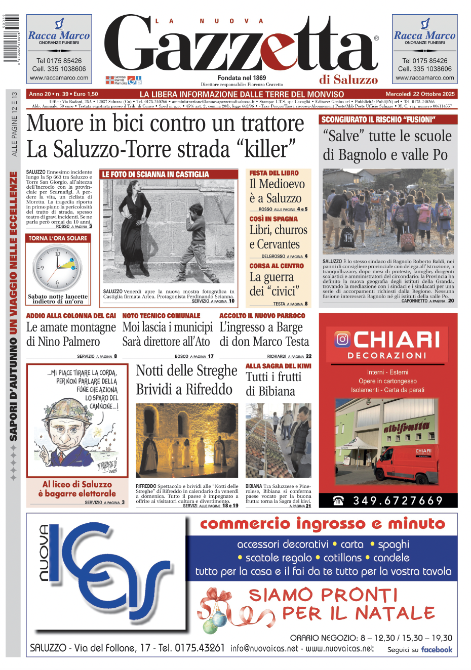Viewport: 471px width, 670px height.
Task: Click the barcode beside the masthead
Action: pyautogui.click(x=11, y=38)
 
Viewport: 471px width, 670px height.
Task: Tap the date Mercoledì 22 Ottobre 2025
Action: pyautogui.click(x=420, y=94)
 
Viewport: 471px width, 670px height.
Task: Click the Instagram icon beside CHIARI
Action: pyautogui.click(x=342, y=339)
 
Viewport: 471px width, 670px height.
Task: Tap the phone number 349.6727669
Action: pyautogui.click(x=398, y=500)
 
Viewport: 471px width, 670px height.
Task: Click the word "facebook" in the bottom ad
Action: pyautogui.click(x=437, y=650)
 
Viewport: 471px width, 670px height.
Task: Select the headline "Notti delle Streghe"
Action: pyautogui.click(x=186, y=370)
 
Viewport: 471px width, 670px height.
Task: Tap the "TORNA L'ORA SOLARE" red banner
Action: pyautogui.click(x=58, y=238)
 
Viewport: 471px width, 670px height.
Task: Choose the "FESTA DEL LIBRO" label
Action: pyautogui.click(x=274, y=173)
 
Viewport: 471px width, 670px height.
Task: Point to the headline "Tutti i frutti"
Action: pyautogui.click(x=273, y=377)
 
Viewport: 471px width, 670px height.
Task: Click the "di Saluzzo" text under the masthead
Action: pyautogui.click(x=348, y=79)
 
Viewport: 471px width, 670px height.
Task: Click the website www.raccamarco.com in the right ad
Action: pyautogui.click(x=425, y=78)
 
